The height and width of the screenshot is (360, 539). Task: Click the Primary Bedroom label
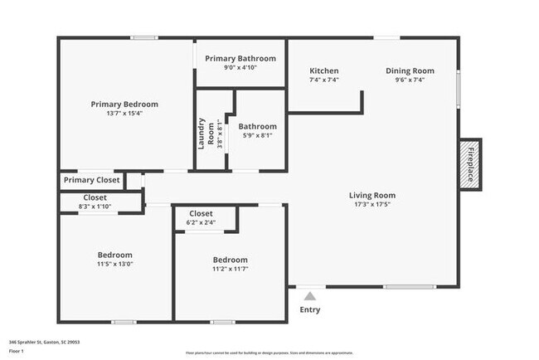click(124, 105)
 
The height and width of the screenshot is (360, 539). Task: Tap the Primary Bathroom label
click(240, 59)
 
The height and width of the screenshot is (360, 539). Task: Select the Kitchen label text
click(323, 71)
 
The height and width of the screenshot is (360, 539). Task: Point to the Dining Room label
click(410, 71)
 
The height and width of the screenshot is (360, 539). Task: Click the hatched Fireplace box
click(470, 163)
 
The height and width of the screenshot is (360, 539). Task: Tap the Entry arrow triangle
click(309, 294)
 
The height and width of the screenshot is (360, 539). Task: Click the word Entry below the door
click(309, 310)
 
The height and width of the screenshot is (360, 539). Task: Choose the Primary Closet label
click(91, 180)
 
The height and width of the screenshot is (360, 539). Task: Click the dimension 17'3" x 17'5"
click(372, 205)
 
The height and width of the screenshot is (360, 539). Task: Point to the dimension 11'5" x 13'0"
click(114, 264)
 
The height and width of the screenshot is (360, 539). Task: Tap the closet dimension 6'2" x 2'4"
click(201, 222)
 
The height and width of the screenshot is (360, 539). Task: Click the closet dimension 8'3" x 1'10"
click(95, 206)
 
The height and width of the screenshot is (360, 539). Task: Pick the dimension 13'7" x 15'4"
click(124, 114)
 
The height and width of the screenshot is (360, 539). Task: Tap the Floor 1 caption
click(17, 351)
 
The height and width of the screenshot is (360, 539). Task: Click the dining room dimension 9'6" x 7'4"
click(410, 80)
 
